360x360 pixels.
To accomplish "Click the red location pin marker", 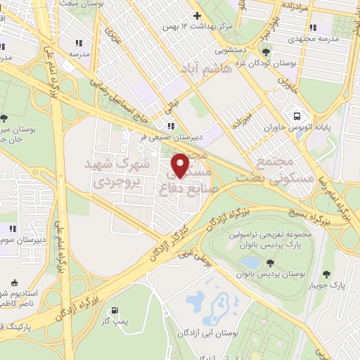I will click(x=181, y=165).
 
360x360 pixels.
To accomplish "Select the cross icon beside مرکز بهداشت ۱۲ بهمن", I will click(x=197, y=15).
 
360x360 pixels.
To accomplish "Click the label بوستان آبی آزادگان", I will click(x=205, y=331).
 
